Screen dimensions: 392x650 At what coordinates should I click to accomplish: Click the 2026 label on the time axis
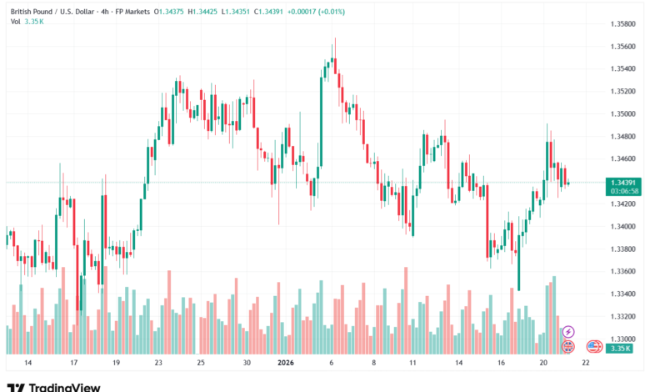point(285,364)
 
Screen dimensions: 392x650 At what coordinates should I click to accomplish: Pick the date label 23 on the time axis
point(158,364)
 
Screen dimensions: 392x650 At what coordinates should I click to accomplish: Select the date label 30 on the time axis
point(247,364)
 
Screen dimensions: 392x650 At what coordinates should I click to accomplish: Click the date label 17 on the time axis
point(73,364)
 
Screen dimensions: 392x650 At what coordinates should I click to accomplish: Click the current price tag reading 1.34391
point(624,183)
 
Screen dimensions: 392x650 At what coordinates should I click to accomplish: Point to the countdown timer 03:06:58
point(624,191)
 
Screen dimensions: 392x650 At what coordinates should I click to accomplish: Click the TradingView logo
point(53,386)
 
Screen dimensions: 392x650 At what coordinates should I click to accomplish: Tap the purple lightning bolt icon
point(568,332)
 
